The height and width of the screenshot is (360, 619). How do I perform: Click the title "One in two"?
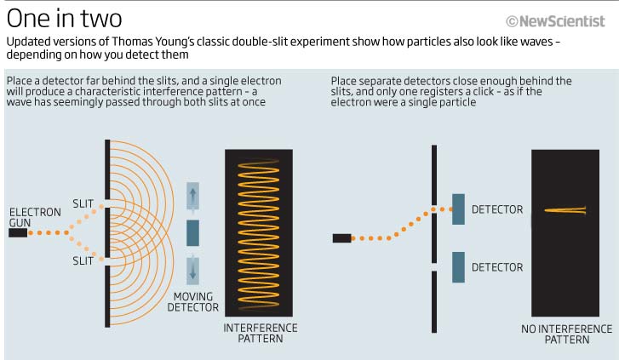65,19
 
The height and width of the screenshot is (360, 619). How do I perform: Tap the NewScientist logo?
555,21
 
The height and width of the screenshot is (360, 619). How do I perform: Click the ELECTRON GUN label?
35,218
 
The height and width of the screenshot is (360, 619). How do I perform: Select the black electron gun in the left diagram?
18,233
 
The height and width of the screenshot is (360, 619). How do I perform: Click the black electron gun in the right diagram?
342,238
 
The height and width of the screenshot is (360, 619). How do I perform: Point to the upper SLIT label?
83,203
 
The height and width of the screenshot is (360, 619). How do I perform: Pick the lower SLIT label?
83,261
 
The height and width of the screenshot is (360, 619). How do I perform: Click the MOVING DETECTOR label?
193,302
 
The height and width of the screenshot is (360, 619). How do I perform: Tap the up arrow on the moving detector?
192,196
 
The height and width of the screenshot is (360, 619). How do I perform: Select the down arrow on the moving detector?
192,271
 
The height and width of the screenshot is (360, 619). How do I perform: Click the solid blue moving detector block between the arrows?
192,233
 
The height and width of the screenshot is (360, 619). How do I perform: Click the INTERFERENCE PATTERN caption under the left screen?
261,333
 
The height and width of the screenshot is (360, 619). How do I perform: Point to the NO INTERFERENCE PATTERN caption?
567,334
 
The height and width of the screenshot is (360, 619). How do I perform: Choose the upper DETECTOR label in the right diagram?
497,209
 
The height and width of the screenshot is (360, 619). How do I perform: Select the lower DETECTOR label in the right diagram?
497,267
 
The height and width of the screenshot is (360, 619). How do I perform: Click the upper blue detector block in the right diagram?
458,209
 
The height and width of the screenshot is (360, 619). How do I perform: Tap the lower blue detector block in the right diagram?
458,267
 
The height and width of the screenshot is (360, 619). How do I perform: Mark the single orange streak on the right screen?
565,210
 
